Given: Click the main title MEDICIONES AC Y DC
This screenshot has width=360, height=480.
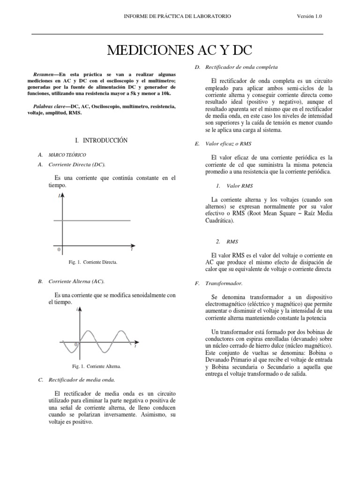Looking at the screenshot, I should tap(177, 51).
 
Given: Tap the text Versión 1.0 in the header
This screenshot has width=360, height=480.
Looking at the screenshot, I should tap(310, 16).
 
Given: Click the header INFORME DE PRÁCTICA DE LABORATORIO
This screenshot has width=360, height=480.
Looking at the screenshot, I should tap(177, 16).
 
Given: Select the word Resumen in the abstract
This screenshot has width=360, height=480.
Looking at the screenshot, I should tap(43, 74).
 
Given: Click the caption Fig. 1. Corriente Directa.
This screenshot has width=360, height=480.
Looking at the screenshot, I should tap(93, 262).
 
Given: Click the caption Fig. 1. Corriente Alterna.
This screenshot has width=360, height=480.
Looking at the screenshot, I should tap(92, 366).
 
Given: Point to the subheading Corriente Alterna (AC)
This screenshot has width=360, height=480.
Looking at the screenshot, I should tap(76, 281).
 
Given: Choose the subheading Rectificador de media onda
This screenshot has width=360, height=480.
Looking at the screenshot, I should tap(82, 380).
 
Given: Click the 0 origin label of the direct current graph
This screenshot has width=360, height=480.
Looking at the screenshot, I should tap(59, 250).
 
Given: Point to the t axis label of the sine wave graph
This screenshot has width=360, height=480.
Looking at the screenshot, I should tap(135, 347).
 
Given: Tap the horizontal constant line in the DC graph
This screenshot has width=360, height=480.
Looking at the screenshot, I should tap(96, 220).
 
